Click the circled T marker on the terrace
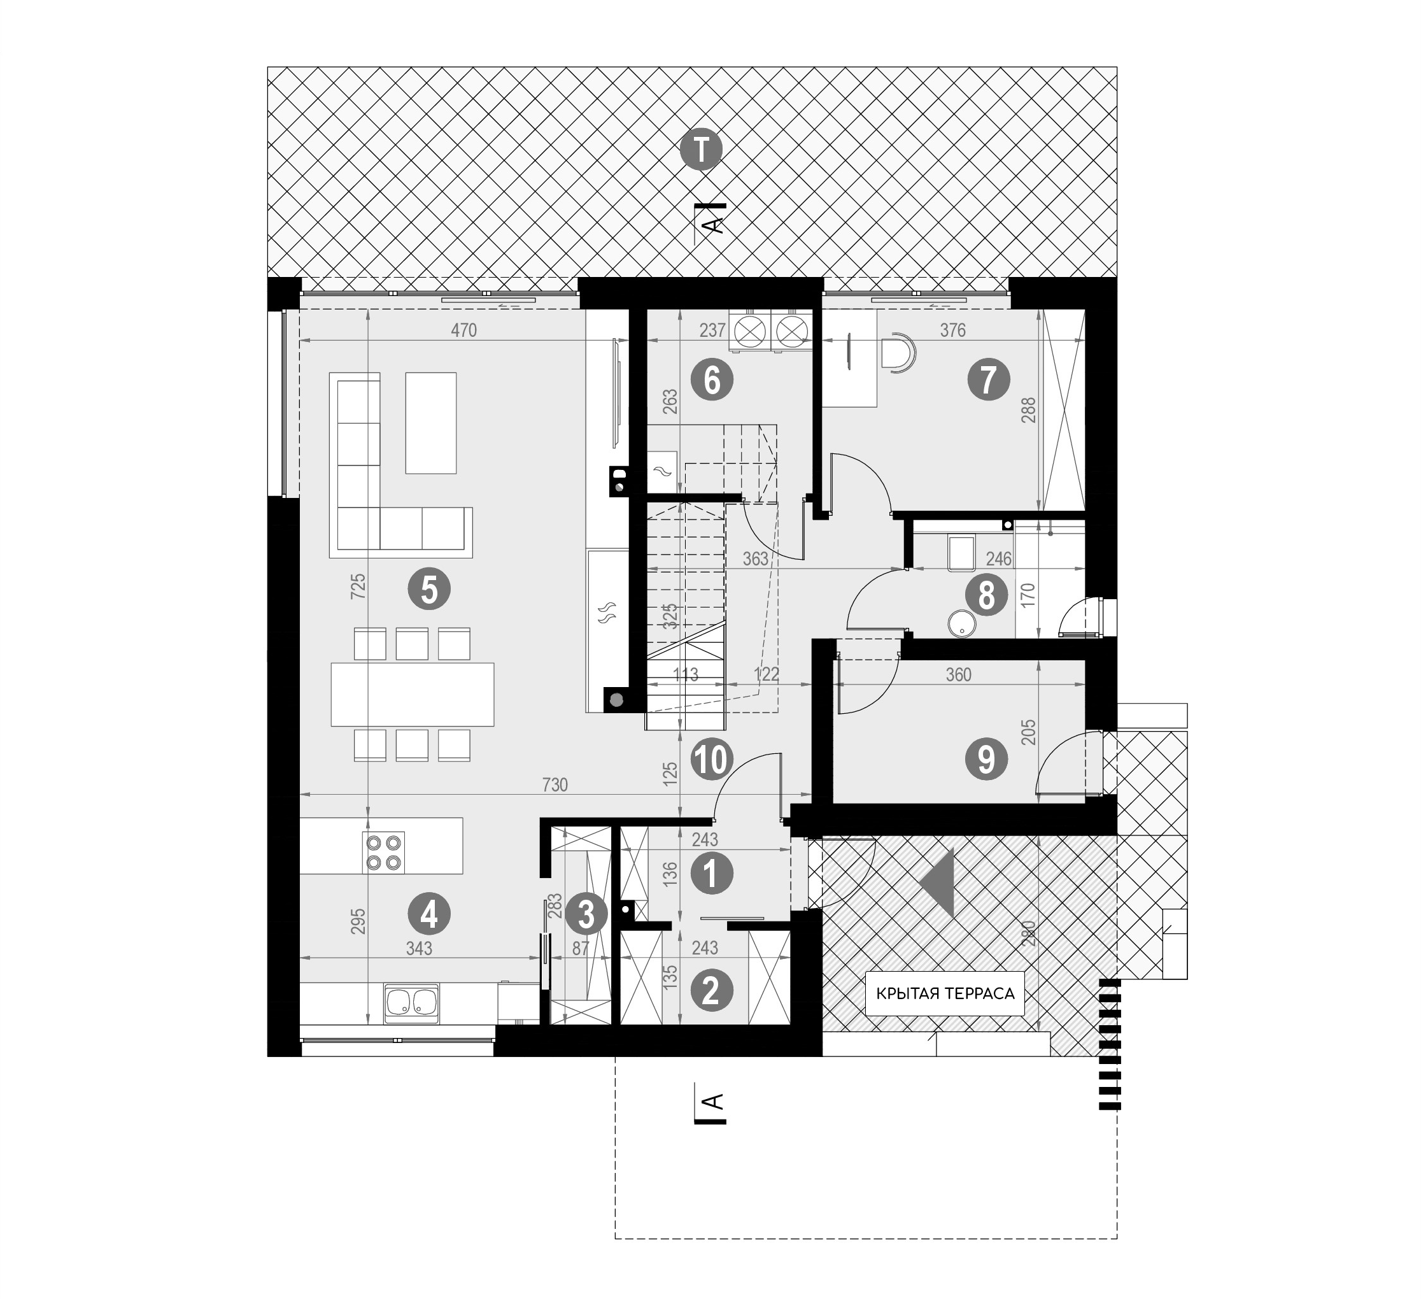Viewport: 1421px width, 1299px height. (702, 150)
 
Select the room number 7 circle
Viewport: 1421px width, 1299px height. (988, 380)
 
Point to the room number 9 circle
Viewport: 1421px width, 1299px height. (986, 760)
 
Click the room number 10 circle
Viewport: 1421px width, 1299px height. (712, 760)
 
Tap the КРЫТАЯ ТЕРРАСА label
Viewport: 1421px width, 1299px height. (945, 994)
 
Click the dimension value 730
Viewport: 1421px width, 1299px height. (555, 784)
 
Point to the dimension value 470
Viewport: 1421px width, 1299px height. (463, 330)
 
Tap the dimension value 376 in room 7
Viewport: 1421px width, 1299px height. (953, 330)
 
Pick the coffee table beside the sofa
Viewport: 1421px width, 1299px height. (430, 423)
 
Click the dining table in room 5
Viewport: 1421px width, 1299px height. (413, 694)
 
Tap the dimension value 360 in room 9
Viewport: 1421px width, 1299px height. (959, 675)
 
